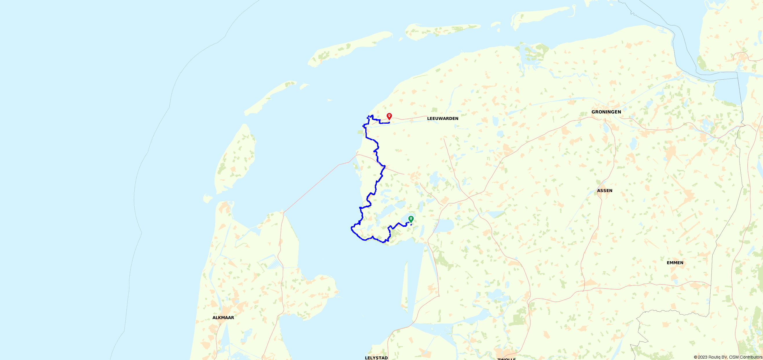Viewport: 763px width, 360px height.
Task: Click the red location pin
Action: pyautogui.click(x=389, y=116)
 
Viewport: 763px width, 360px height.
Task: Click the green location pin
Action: pyautogui.click(x=411, y=219)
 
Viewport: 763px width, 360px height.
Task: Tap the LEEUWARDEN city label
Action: pyautogui.click(x=443, y=118)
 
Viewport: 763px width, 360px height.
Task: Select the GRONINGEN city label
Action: pyautogui.click(x=606, y=112)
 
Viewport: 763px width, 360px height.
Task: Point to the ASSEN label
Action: pyautogui.click(x=605, y=191)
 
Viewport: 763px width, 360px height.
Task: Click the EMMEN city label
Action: pyautogui.click(x=675, y=263)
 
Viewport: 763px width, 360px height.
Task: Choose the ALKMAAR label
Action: pyautogui.click(x=223, y=318)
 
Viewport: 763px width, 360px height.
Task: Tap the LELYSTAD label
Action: pyautogui.click(x=376, y=358)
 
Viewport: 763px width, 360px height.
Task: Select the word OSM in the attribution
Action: pyautogui.click(x=734, y=357)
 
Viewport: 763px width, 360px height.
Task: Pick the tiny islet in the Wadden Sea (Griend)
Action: pyautogui.click(x=330, y=100)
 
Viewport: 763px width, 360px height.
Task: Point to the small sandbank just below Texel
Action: pyautogui.click(x=208, y=198)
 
